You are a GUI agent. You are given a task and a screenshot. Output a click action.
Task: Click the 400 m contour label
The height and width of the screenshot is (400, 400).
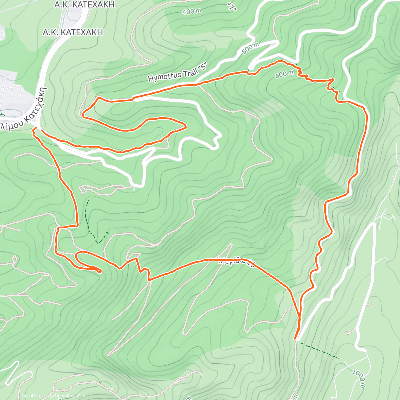192,11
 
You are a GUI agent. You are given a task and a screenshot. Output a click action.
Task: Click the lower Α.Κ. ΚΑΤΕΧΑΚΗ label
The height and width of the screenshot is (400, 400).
73,32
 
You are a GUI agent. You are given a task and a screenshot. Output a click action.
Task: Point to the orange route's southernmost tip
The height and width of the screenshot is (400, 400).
295,338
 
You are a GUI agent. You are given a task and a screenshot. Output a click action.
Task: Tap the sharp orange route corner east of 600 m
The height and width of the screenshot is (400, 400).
333,79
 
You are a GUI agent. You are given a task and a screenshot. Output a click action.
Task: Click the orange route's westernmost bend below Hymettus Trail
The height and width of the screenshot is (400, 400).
83,116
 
